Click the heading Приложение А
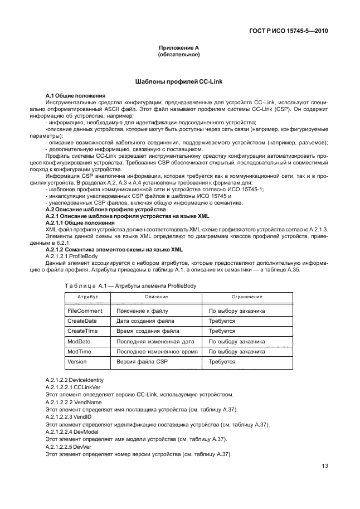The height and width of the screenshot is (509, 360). pos(179,49)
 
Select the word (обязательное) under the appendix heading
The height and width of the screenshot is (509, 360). pos(179,55)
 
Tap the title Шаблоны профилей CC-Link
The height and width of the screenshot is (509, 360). pos(179,82)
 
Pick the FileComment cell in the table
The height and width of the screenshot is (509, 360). pos(86,311)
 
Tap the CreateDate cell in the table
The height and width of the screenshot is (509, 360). pos(84,321)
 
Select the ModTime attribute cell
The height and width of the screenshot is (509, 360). pos(80,352)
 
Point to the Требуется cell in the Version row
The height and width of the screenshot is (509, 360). pos(221,362)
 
